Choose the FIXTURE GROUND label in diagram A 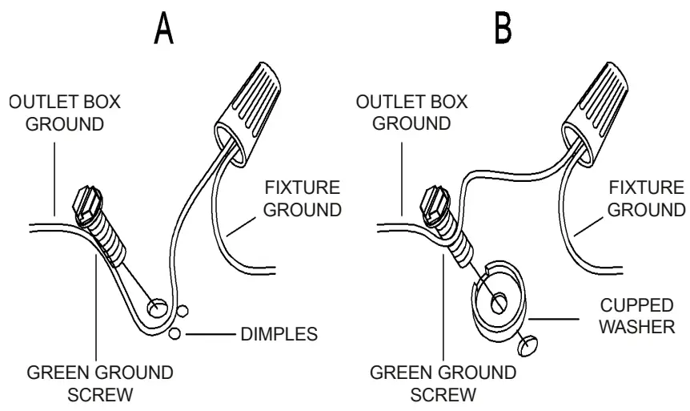(x=303, y=198)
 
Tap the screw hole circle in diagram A (x=157, y=306)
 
